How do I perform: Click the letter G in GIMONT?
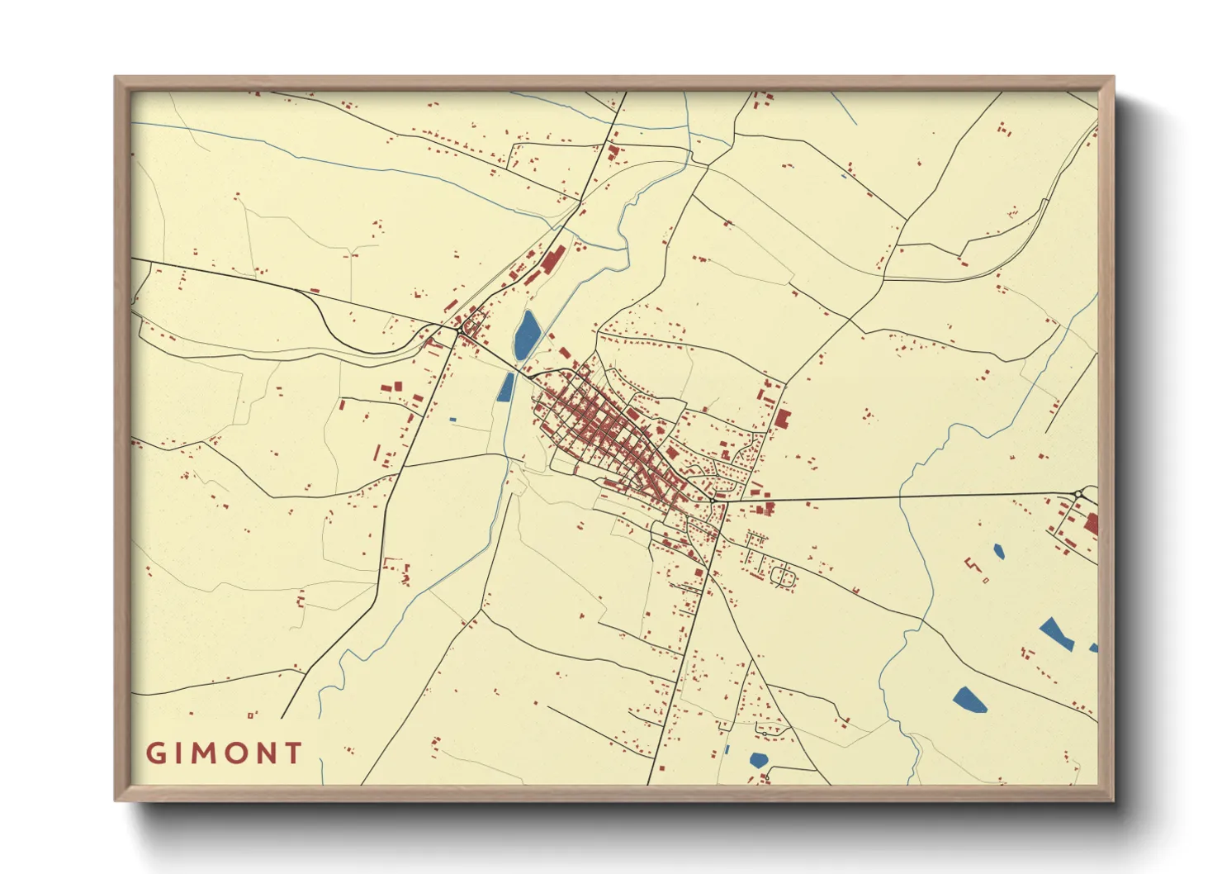(155, 753)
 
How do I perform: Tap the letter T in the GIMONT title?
(292, 753)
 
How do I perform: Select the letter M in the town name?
(205, 753)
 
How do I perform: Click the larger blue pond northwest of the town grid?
(527, 335)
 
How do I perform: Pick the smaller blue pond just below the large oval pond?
(506, 387)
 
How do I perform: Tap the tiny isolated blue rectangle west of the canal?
(452, 420)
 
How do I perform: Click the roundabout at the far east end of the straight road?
(1078, 495)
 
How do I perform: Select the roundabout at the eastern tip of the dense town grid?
(712, 501)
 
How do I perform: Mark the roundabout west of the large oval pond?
(458, 331)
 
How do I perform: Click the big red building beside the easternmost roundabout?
(1091, 524)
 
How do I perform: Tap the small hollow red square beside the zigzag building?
(986, 581)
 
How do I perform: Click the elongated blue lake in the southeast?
(1056, 634)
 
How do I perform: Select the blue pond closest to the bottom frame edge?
(758, 759)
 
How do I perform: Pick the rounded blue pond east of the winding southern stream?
(969, 700)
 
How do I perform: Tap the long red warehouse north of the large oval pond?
(552, 259)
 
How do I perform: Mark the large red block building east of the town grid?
(781, 418)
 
